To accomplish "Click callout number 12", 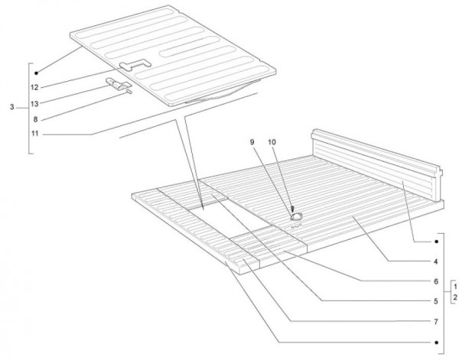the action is tap(34, 87).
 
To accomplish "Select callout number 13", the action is tap(34, 103).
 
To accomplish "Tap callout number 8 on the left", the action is tap(35, 119).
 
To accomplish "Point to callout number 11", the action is tap(35, 134).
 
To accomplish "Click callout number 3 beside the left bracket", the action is tap(11, 107).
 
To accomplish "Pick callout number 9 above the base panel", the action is tap(252, 142).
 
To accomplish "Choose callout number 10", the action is tap(272, 142).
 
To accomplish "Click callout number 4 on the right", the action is tap(435, 261).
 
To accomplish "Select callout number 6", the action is tap(436, 281).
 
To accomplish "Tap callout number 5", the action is tap(436, 301).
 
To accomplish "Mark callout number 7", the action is tap(436, 322).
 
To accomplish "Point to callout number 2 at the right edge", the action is tap(455, 297).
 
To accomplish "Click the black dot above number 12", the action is tap(36, 73).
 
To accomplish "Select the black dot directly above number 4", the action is tap(436, 242).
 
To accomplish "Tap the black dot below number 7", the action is tap(436, 342).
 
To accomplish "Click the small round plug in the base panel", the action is tap(296, 216).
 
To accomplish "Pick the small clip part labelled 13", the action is tap(118, 83).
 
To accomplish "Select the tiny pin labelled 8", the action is tap(129, 92).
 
